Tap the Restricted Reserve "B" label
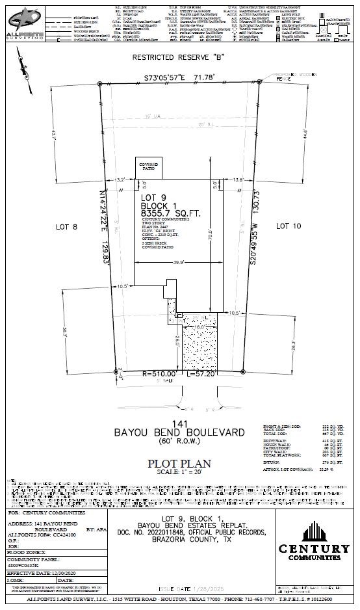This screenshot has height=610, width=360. [179, 57]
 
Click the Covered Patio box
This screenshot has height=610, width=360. [148, 168]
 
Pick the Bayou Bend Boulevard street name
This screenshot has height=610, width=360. [179, 432]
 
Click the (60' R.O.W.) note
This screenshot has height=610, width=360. [179, 441]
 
